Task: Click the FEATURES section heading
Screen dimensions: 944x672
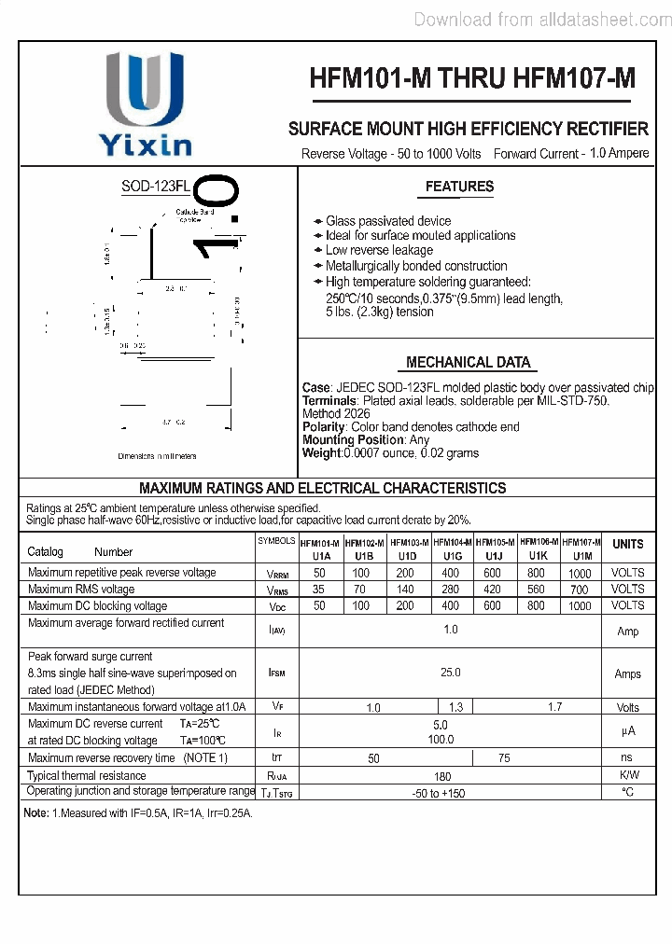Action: coord(459,187)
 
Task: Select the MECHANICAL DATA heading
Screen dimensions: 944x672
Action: coord(468,362)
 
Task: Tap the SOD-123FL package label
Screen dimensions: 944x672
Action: coord(155,187)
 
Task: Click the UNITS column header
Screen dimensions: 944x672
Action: coord(627,544)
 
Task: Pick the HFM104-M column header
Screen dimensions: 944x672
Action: coord(453,542)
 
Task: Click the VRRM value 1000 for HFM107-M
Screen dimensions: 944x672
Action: coord(580,574)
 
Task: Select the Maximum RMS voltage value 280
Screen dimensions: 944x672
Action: coord(451,590)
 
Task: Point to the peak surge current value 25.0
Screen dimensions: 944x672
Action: coord(450,672)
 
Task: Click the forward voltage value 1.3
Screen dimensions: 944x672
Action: coord(455,708)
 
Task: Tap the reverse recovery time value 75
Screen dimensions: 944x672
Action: coord(504,758)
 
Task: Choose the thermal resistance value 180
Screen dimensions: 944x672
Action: coord(442,776)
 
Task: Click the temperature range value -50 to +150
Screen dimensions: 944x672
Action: coord(439,793)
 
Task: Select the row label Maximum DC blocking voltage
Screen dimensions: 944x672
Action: coord(98,606)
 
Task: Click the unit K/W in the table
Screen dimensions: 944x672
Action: coord(628,775)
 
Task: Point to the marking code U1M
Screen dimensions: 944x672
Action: coord(581,555)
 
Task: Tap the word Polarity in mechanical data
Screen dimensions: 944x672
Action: coord(324,426)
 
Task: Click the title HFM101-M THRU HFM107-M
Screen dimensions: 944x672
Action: coord(472,80)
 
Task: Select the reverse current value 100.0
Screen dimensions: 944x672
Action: coord(441,740)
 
